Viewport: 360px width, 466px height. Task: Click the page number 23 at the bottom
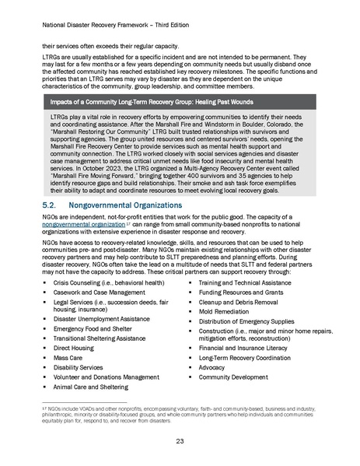[180, 440]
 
